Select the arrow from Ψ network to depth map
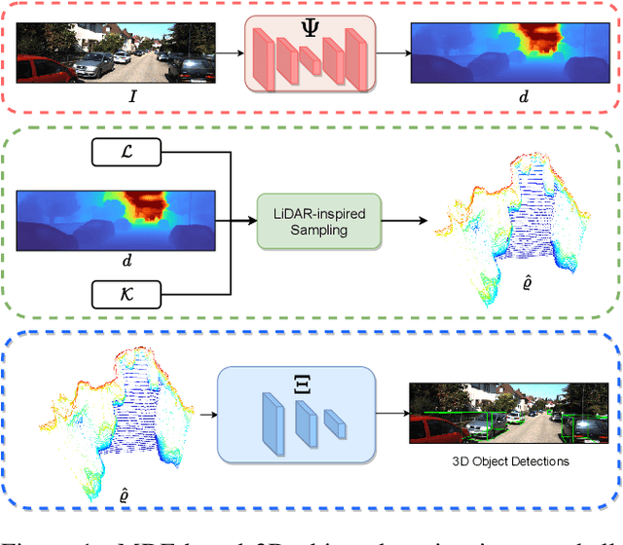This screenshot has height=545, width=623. (x=390, y=54)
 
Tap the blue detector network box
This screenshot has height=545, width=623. (x=297, y=414)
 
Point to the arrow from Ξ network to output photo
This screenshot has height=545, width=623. (x=391, y=414)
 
